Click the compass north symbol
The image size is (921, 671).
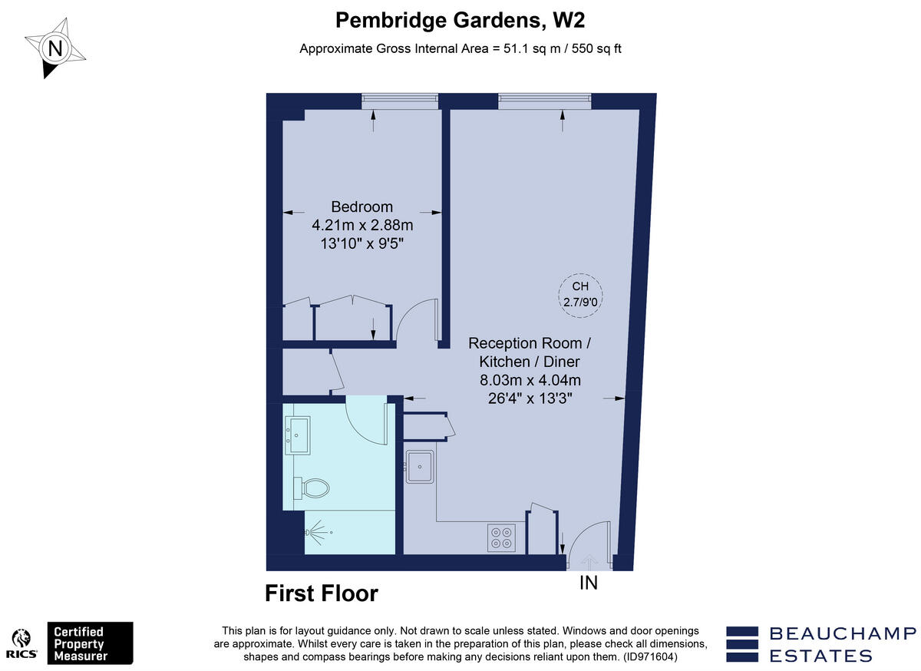point(54,48)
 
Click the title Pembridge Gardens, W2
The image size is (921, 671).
point(465,20)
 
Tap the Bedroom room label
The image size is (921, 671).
point(361,207)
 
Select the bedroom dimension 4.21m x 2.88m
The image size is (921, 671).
point(361,226)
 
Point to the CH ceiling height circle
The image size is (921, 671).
point(579,293)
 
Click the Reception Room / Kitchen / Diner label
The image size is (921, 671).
point(530,352)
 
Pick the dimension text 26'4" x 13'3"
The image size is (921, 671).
point(530,398)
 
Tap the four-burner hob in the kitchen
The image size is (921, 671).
point(501,537)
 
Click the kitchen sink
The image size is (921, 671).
point(421,466)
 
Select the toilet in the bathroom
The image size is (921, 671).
point(313,487)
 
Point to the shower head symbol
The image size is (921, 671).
point(320,532)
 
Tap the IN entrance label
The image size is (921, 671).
point(588,583)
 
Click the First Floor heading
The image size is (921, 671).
point(322,593)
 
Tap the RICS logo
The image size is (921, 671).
point(22,643)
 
